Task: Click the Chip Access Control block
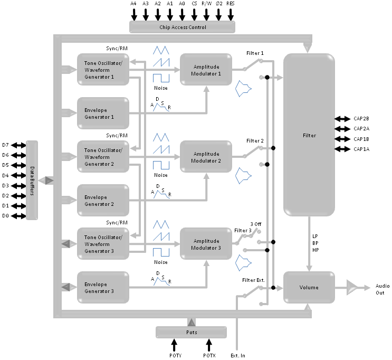tap(183, 27)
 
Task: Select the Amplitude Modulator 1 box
tap(206, 69)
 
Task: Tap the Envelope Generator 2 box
tap(103, 200)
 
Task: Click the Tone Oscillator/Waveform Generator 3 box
tap(103, 243)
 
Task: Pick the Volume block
tap(309, 288)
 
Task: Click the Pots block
tap(191, 332)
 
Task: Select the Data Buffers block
tap(32, 180)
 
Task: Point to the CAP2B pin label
tap(361, 119)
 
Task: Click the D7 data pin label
tap(5, 145)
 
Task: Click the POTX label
tap(209, 355)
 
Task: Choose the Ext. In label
tap(238, 355)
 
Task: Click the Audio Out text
tap(383, 289)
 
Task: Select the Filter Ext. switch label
tap(254, 280)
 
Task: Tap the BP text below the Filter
tap(315, 242)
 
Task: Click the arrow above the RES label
tap(231, 14)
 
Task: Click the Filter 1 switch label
tap(255, 53)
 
